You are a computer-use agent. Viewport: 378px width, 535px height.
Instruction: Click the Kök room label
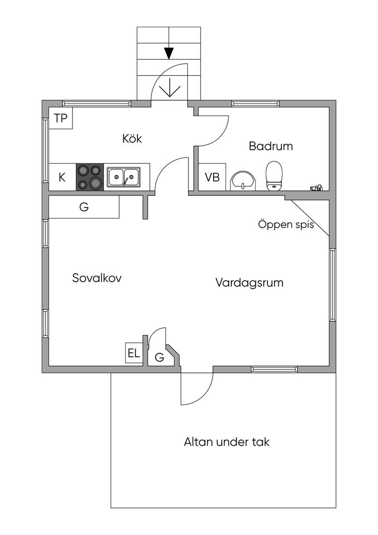[x=132, y=138]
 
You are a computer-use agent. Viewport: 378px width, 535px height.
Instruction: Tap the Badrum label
[x=270, y=146]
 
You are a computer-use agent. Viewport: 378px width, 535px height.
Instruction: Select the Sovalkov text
[x=97, y=278]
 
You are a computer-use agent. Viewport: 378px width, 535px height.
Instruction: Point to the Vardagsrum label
[x=250, y=283]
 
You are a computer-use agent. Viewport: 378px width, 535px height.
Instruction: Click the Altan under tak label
[x=227, y=442]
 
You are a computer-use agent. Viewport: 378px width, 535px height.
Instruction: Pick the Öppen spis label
[x=286, y=225]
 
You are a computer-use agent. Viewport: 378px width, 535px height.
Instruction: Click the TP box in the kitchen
[x=61, y=118]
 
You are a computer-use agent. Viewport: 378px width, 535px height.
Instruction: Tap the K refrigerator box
[x=62, y=177]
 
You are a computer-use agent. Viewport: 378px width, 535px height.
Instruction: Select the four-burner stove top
[x=90, y=177]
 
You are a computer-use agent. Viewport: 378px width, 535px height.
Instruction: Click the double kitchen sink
[x=123, y=177]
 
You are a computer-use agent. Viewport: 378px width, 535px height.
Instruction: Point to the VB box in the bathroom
[x=212, y=177]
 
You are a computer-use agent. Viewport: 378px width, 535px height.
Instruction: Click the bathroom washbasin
[x=243, y=181]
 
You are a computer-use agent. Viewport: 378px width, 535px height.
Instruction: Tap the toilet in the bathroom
[x=275, y=176]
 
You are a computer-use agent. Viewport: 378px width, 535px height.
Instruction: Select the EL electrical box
[x=134, y=353]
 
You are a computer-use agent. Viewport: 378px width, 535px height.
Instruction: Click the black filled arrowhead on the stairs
[x=169, y=53]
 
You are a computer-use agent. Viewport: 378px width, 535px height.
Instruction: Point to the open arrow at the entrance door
[x=169, y=88]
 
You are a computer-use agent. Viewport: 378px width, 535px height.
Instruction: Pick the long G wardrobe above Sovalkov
[x=84, y=207]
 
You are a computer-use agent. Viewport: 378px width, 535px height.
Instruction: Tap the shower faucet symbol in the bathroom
[x=316, y=188]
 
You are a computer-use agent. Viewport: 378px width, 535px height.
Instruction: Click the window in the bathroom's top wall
[x=255, y=103]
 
